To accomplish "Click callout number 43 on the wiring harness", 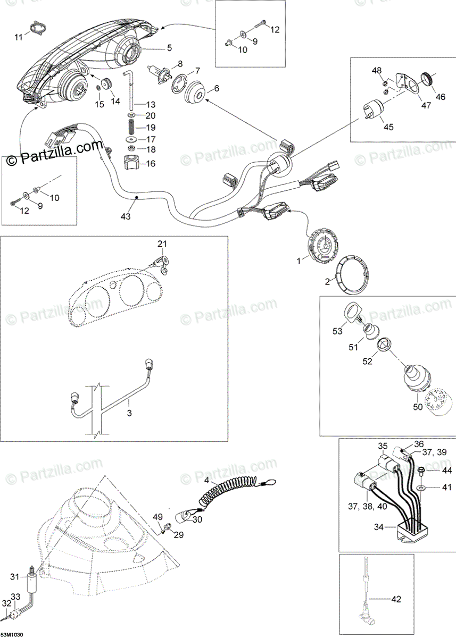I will pos(125,217).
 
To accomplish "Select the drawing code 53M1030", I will pos(15,635).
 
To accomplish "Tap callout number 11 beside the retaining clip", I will pos(19,37).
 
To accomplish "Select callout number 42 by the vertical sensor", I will pos(395,599).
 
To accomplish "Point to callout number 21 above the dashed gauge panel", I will pos(162,244).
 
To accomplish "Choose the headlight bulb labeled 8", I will pos(157,71).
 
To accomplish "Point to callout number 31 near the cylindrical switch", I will pos(14,576).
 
